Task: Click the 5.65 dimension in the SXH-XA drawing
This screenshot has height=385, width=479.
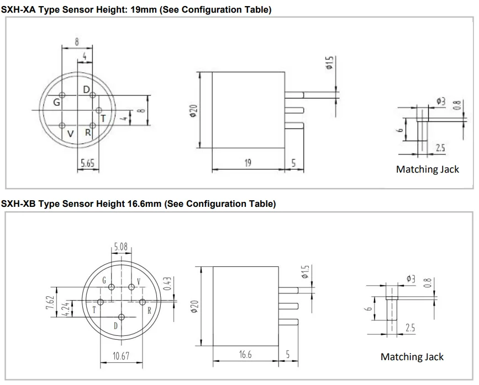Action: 87,163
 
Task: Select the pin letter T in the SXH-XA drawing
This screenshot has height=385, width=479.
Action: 103,118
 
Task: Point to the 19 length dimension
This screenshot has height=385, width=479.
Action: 248,163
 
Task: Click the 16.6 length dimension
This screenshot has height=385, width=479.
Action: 245,355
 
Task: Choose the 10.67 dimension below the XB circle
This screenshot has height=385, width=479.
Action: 120,356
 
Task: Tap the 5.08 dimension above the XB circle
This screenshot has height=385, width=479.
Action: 121,247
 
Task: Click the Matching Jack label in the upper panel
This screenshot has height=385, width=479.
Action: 427,169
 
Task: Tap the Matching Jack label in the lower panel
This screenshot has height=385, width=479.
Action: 412,357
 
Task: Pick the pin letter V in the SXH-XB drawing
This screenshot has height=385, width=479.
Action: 138,282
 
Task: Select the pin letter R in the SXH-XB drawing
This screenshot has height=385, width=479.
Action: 149,311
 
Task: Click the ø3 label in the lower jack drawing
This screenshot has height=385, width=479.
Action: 411,279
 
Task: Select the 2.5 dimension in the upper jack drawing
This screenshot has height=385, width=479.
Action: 441,148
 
